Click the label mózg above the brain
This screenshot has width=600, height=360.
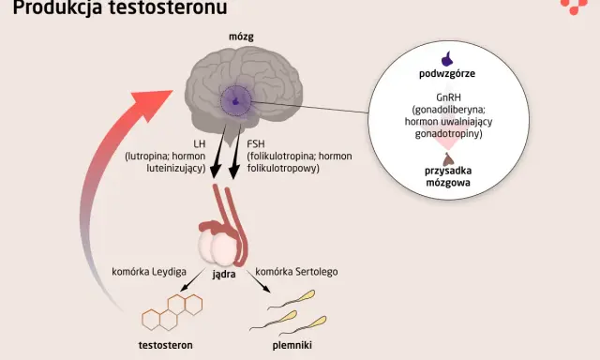click(241, 37)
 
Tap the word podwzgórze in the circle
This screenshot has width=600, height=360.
click(447, 74)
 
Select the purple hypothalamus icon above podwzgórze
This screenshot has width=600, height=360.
click(448, 59)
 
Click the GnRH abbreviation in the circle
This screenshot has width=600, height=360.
click(448, 97)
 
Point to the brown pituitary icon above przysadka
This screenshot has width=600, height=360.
click(448, 159)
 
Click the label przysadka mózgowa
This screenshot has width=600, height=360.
click(448, 176)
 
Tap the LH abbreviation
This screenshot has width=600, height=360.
click(200, 143)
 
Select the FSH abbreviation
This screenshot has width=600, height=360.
click(256, 143)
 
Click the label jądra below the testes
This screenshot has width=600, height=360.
click(224, 275)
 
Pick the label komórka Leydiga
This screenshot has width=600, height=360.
click(149, 272)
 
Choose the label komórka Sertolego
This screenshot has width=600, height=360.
click(296, 272)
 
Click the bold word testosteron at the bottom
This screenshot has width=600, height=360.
click(165, 345)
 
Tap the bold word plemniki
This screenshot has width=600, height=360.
click(292, 345)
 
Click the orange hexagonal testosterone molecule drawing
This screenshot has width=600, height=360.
click(172, 312)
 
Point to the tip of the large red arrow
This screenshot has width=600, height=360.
click(172, 91)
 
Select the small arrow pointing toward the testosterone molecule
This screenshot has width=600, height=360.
click(192, 280)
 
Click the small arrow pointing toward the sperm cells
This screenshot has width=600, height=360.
click(259, 281)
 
